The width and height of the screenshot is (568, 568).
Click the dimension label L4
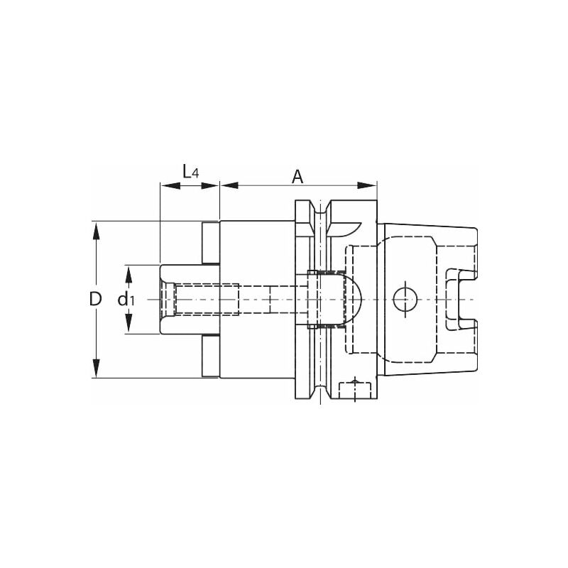pos(188,171)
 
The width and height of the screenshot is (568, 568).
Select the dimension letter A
pos(298,176)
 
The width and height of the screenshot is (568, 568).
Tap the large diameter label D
pos(96,299)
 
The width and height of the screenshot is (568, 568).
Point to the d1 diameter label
pos(126,300)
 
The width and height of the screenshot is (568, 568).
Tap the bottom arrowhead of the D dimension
pos(96,372)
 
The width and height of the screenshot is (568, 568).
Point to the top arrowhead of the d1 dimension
pos(129,271)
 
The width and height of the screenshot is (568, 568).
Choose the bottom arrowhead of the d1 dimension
pos(129,328)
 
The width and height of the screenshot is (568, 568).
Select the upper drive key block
pos(210,243)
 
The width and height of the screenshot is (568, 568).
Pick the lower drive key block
pos(210,356)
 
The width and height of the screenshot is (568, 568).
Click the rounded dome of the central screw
pos(355,300)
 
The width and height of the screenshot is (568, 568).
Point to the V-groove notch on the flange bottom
pos(322,391)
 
